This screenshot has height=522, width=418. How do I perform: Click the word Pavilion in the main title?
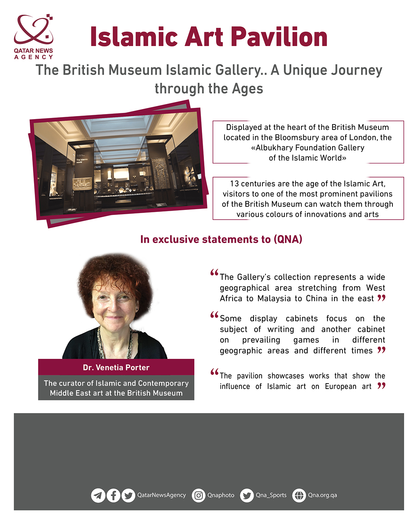[279, 38]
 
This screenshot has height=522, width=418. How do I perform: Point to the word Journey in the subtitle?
[333, 70]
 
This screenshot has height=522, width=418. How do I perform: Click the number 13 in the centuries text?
[234, 184]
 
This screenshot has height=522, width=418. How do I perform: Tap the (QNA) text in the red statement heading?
[288, 239]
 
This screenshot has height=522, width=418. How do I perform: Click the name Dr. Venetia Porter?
[116, 367]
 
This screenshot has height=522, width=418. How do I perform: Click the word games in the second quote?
[306, 340]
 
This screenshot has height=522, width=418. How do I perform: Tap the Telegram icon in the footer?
[98, 495]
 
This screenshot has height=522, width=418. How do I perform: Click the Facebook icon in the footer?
[113, 495]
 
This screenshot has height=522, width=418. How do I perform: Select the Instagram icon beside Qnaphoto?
[199, 495]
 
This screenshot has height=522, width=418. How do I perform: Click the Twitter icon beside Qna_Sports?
[247, 495]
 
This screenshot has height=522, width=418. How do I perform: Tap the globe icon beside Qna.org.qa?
[299, 495]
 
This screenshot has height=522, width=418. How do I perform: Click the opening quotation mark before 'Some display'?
[214, 315]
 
